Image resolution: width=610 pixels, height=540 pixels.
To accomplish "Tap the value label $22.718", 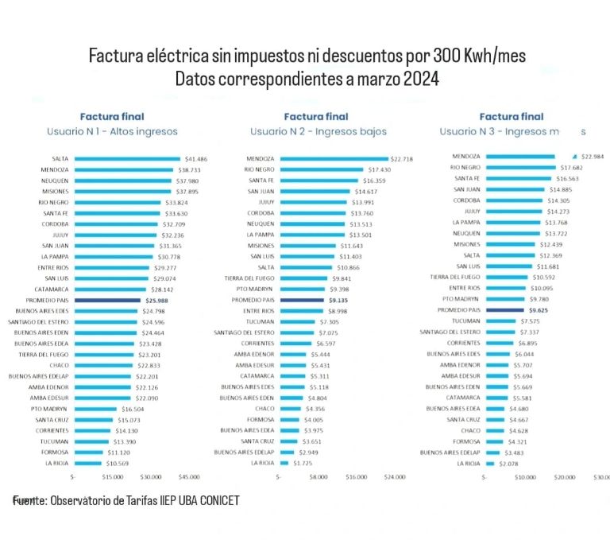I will [403, 159].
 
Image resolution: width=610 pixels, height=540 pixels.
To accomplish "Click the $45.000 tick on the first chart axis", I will [189, 477].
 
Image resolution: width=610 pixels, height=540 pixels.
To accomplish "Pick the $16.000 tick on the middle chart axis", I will [356, 477].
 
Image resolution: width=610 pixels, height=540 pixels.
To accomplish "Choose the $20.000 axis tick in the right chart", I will [565, 477].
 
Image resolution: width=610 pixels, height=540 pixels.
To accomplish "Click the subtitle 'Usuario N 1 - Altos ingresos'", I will [123, 131].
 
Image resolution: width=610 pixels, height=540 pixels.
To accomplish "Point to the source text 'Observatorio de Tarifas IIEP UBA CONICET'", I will [144, 501].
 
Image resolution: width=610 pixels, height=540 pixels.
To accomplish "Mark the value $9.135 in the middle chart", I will [338, 301].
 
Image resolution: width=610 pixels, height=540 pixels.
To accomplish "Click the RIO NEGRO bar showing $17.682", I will [520, 168].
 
